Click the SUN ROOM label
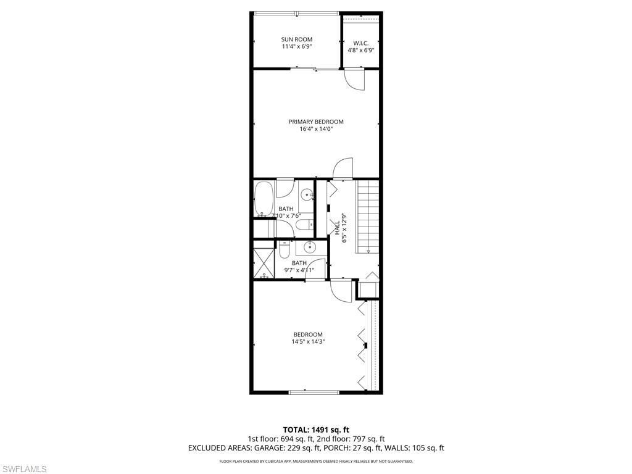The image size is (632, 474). pyautogui.click(x=297, y=39)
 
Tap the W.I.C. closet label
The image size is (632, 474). pyautogui.click(x=361, y=43)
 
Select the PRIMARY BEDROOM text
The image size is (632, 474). pyautogui.click(x=316, y=122)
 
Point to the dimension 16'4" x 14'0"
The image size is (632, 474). pyautogui.click(x=316, y=130)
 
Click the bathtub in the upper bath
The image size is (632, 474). pyautogui.click(x=264, y=199)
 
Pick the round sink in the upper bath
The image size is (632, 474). pyautogui.click(x=307, y=195)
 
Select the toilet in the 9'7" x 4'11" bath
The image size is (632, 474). pyautogui.click(x=284, y=251)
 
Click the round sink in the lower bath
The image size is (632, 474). pyautogui.click(x=307, y=248)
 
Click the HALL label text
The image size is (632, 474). pyautogui.click(x=336, y=228)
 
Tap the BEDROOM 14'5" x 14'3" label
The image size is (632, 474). pyautogui.click(x=308, y=338)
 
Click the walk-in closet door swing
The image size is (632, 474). pyautogui.click(x=354, y=80)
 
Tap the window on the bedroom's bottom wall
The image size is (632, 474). pyautogui.click(x=314, y=392)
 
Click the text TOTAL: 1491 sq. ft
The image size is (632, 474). pyautogui.click(x=316, y=430)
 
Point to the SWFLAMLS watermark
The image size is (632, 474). pyautogui.click(x=23, y=469)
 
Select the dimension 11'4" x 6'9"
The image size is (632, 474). pyautogui.click(x=297, y=47)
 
